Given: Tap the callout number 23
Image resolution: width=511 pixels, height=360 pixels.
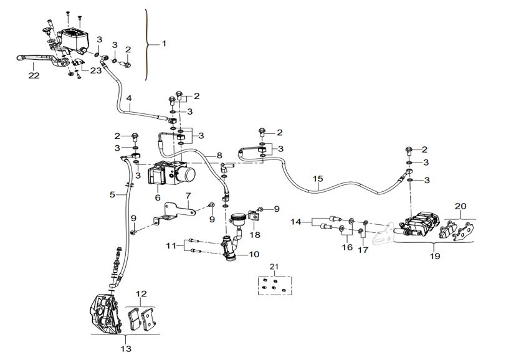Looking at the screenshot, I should coord(95,71).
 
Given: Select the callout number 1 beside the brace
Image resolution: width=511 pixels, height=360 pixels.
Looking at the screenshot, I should coord(164,44).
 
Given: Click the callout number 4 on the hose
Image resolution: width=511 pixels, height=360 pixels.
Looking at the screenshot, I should coord(129,98).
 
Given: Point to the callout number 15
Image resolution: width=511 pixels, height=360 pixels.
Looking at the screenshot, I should coord(318,178).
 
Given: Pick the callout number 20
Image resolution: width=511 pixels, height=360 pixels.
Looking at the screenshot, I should coord(460,206).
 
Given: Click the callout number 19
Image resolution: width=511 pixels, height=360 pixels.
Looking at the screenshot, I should coord(435,255).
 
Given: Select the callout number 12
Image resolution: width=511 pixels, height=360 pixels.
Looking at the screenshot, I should coord(141,294).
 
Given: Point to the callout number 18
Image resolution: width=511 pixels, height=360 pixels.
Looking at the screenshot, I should coord(255,235).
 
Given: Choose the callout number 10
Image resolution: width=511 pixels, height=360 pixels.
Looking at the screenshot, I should coord(254,254).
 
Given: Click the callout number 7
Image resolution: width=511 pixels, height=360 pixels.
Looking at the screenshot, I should coord(188,196).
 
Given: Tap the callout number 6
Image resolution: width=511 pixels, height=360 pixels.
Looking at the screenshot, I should coord(158,197).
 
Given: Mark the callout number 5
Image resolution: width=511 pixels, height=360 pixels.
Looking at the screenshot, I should coord(113,194).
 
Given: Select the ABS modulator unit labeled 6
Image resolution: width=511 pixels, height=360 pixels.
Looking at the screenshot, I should coord(170,173).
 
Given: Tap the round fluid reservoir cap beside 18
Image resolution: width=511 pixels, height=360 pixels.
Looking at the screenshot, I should coord(237,218).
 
